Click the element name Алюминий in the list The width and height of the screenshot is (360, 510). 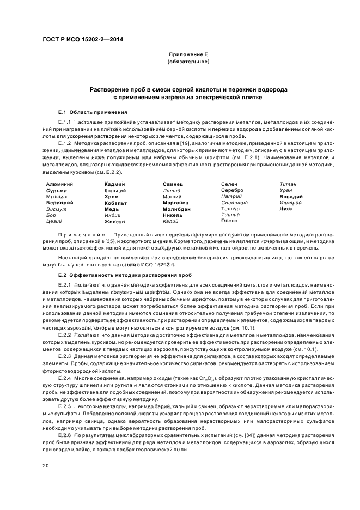[x=59, y=184]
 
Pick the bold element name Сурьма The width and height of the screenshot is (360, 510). [x=57, y=191]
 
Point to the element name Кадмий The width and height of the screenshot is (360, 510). [x=114, y=184]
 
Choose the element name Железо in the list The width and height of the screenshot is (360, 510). [x=114, y=221]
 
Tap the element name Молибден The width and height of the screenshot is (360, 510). [x=176, y=209]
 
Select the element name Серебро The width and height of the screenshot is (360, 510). [x=232, y=190]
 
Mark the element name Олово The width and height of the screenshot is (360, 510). [x=229, y=221]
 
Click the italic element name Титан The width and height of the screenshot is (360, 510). [x=288, y=184]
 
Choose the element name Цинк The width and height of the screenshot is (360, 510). [x=286, y=209]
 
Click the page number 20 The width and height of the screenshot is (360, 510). [x=46, y=465]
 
